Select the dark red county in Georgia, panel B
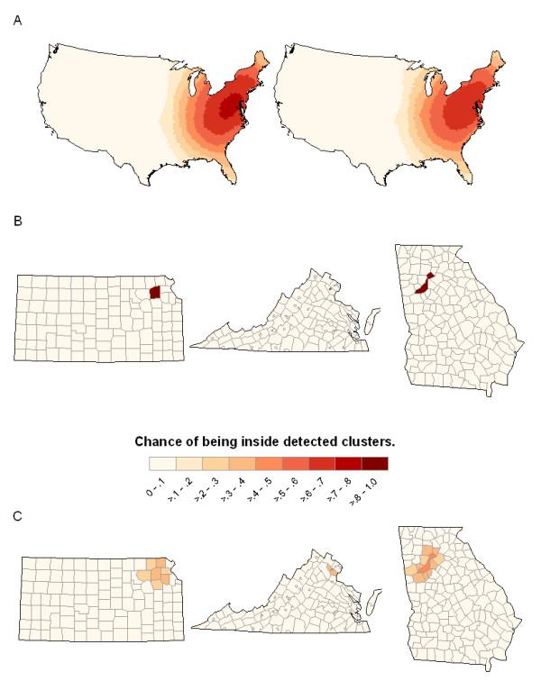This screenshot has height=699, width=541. (x=425, y=284)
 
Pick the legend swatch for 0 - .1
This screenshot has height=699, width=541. (x=161, y=463)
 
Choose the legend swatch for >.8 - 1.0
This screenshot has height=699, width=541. (x=374, y=463)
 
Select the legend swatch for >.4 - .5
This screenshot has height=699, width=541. (x=268, y=463)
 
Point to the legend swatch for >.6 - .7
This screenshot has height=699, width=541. (x=321, y=463)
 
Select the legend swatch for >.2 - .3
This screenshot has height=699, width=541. (x=215, y=463)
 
